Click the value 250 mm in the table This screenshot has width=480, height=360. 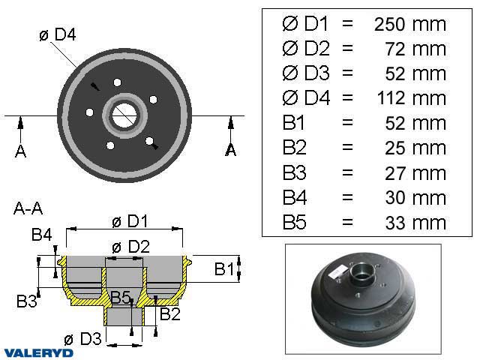tap(409, 23)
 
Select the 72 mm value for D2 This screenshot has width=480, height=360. tap(419, 48)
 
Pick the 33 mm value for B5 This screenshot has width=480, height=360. tap(419, 222)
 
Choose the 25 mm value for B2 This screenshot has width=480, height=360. tap(419, 148)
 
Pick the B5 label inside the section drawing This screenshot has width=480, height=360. tap(121, 298)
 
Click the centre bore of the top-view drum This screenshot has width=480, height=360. tap(124, 115)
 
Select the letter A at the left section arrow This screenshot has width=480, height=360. tap(20, 151)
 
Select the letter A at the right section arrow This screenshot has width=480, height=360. tap(231, 150)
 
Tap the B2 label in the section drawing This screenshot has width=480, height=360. tap(169, 313)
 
